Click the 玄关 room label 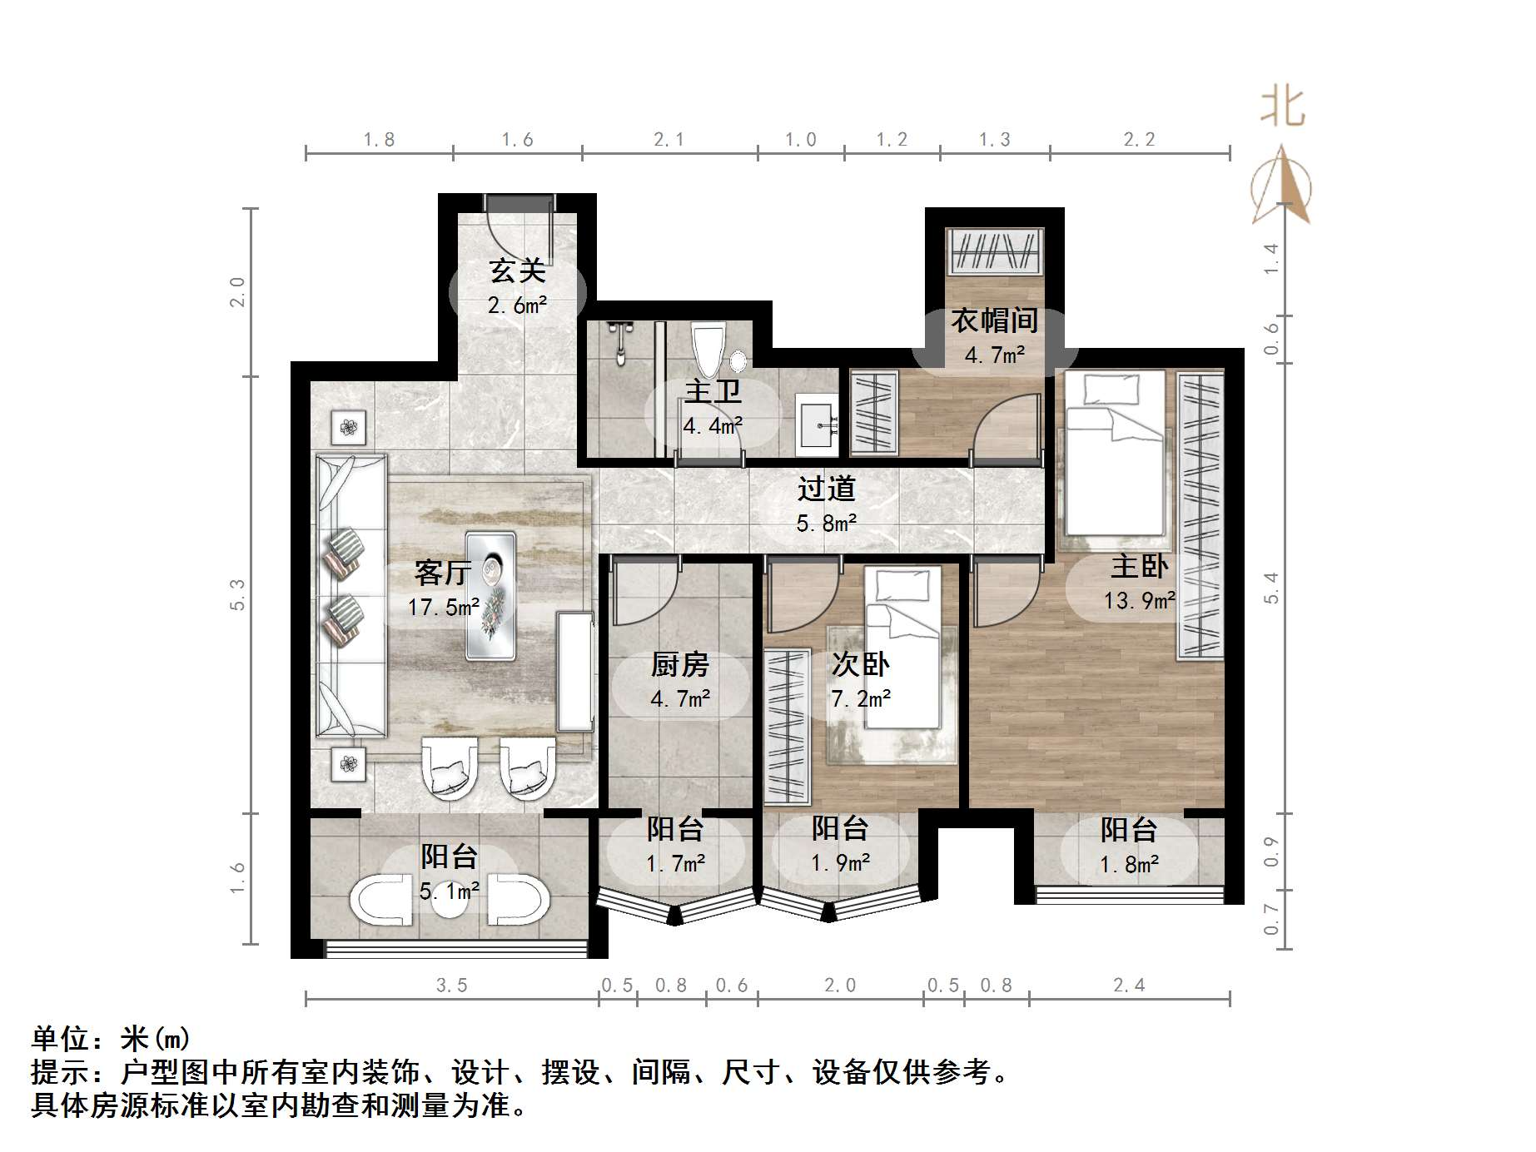(517, 271)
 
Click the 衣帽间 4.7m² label (994, 337)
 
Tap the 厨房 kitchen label (680, 665)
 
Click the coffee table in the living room (490, 595)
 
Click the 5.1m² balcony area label (450, 891)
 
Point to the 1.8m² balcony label (1129, 865)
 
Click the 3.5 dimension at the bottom (452, 986)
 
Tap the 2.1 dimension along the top (669, 140)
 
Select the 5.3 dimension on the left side (238, 594)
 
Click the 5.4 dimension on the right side (1270, 588)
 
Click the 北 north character (1282, 108)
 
